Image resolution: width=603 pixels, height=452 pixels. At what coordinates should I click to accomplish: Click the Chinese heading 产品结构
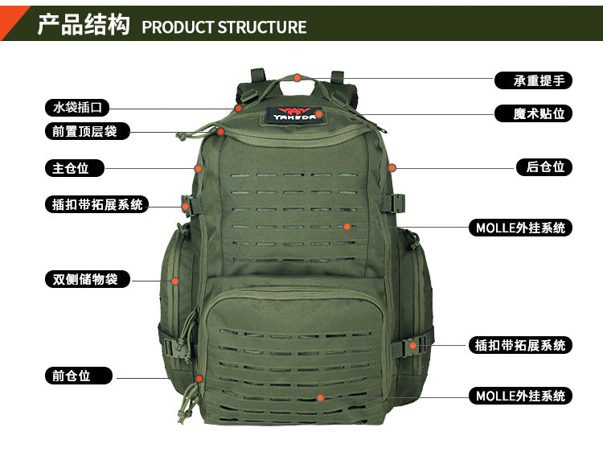[x=84, y=24]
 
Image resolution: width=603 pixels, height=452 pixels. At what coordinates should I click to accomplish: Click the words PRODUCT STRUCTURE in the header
[x=224, y=27]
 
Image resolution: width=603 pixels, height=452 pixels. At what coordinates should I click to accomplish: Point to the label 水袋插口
[x=77, y=107]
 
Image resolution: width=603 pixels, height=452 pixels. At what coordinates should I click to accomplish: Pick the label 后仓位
[x=544, y=167]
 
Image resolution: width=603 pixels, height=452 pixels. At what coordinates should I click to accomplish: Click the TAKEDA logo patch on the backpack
[x=294, y=114]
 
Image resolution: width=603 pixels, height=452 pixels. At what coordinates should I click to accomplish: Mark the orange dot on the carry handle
[x=297, y=78]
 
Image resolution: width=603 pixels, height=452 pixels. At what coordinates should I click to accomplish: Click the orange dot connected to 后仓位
[x=392, y=168]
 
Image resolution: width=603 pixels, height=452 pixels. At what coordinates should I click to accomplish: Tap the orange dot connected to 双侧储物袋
[x=175, y=281]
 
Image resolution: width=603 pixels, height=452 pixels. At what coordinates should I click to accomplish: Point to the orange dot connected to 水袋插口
[x=239, y=109]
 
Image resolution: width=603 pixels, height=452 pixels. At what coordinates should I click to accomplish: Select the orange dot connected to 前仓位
[x=199, y=379]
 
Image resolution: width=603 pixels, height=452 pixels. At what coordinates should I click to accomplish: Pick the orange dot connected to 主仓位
[x=198, y=168]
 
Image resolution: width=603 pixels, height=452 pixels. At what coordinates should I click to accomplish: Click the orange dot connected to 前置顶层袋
[x=221, y=132]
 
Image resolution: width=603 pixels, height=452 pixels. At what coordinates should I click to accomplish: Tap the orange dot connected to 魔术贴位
[x=319, y=114]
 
